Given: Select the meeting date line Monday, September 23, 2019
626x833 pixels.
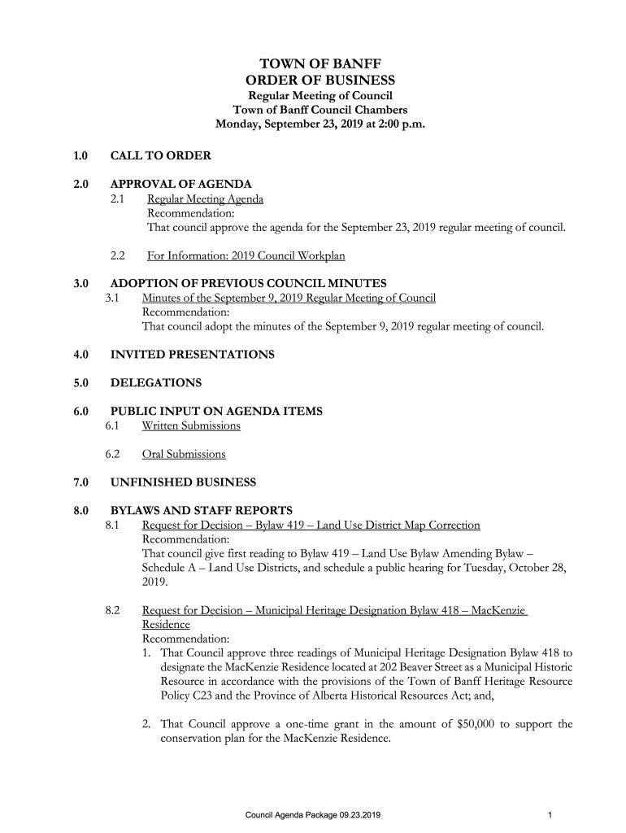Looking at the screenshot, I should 320,125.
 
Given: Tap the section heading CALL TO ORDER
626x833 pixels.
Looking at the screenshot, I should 161,155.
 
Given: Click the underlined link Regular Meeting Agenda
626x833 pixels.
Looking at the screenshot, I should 205,199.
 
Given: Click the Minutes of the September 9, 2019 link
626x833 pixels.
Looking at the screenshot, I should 289,299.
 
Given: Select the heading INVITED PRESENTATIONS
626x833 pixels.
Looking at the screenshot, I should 192,355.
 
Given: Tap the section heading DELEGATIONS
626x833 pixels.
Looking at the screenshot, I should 155,383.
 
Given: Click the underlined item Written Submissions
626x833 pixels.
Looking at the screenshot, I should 191,425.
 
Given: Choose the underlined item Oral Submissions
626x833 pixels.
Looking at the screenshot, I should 184,454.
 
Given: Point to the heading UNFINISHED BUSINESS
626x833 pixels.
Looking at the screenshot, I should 183,482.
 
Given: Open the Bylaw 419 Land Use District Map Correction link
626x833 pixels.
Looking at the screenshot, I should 311,526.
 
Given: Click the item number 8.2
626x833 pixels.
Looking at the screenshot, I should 113,609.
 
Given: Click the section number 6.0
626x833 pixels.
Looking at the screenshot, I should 80,412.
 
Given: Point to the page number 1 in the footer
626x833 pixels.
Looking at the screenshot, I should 550,814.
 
